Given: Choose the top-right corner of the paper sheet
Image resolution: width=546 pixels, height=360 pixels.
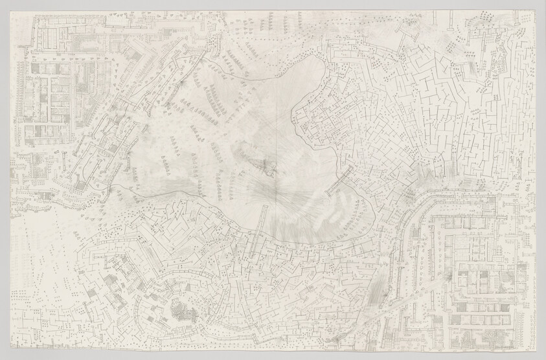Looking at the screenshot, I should click(537, 7).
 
